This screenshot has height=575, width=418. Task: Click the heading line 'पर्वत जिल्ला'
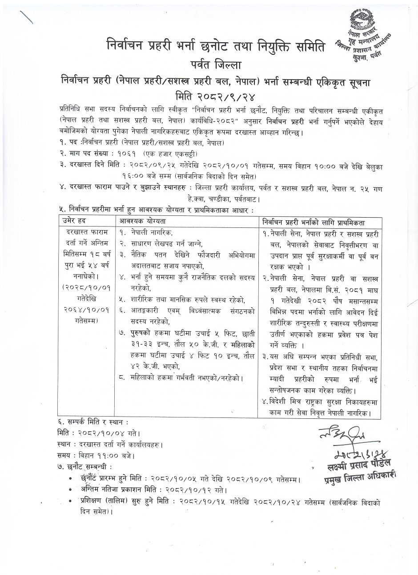pyautogui.click(x=209, y=65)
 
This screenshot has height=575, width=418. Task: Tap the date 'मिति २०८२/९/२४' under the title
pyautogui.click(x=209, y=95)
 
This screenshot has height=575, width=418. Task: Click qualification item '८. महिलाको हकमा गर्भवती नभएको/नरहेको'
pyautogui.click(x=181, y=378)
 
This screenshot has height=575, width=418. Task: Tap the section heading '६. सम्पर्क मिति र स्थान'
pyautogui.click(x=93, y=421)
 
